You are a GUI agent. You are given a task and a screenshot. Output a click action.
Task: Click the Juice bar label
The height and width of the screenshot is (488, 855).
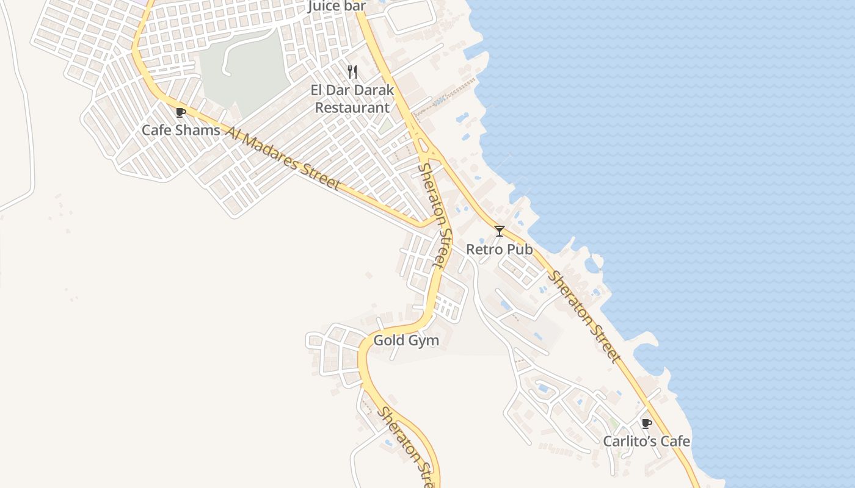[337, 6]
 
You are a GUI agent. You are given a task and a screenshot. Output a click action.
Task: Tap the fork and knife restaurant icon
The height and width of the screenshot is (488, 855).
[352, 72]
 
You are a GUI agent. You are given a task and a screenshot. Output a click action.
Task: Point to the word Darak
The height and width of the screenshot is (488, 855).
[372, 90]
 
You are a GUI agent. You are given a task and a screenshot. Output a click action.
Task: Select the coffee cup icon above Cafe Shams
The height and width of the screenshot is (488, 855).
[180, 112]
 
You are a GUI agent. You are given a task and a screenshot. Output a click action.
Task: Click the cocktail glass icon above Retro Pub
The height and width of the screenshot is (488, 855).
[500, 231]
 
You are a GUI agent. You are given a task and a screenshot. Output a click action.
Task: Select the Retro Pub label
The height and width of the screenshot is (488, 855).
[499, 249]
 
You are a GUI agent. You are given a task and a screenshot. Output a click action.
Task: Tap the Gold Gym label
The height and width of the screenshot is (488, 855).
[406, 340]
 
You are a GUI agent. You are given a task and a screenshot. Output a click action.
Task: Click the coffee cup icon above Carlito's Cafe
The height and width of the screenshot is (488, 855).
[647, 423]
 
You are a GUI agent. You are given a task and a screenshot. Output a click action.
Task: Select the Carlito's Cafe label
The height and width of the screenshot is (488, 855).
[647, 441]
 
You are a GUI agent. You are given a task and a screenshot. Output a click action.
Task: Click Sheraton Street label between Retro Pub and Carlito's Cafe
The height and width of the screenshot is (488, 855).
[584, 317]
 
